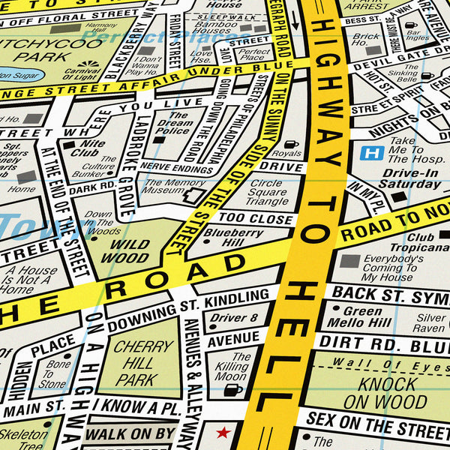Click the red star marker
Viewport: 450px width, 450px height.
tap(221, 433)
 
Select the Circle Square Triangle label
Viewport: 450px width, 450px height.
tap(268, 192)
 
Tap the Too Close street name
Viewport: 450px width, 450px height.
tap(255, 219)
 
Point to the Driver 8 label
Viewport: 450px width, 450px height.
tap(233, 318)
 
